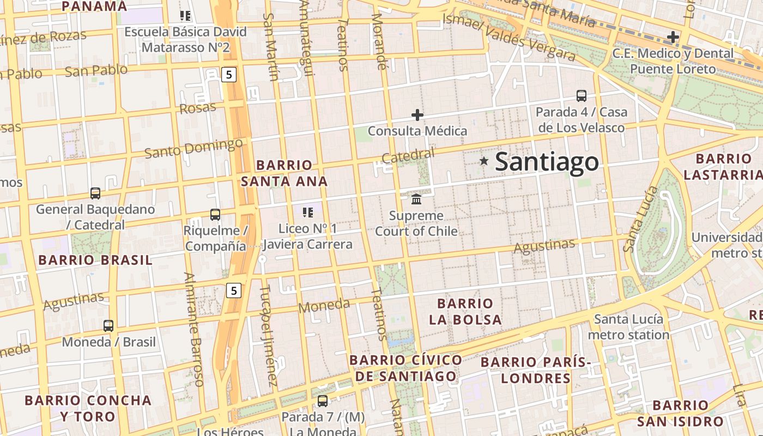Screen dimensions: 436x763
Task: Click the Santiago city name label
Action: click(547, 162)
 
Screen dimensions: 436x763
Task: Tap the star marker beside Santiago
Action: click(483, 161)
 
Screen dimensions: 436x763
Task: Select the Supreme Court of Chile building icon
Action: click(417, 199)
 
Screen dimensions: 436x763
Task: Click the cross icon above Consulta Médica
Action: click(417, 115)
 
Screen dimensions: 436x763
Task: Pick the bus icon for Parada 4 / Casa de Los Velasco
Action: click(582, 96)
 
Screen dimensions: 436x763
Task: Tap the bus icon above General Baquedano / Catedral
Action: click(95, 193)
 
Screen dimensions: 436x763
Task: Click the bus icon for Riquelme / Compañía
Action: click(215, 215)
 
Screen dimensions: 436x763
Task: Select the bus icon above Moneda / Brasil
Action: click(108, 326)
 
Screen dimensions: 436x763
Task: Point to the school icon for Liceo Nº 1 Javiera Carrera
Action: click(308, 212)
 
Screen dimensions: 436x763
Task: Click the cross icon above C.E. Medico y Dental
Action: click(673, 37)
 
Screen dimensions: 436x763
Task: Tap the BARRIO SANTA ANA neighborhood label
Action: click(284, 173)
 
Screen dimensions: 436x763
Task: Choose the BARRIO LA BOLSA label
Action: click(465, 311)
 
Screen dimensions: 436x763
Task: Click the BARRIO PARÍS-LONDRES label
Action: click(536, 370)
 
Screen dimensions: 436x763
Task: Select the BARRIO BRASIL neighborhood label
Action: click(95, 260)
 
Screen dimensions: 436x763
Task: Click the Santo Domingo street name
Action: click(193, 148)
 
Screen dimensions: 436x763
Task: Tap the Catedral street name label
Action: click(408, 156)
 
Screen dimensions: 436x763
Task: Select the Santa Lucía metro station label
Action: click(628, 327)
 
